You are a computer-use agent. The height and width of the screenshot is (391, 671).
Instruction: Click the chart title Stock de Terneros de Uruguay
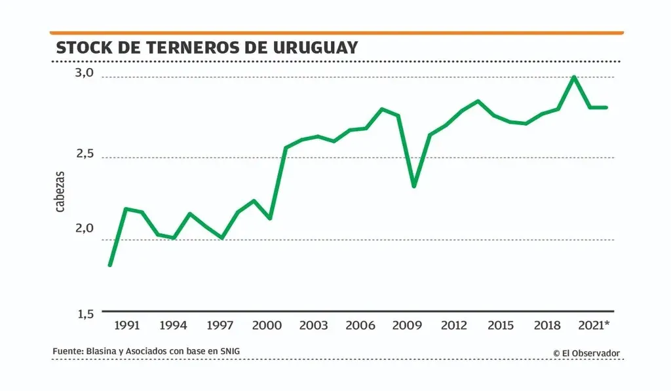[x=207, y=48]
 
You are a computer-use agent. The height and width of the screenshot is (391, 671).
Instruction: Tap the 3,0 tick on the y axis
[x=85, y=73]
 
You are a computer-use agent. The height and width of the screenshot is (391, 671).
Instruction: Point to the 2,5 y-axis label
[x=85, y=155]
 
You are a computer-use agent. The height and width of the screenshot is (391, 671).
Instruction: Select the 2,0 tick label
[x=85, y=229]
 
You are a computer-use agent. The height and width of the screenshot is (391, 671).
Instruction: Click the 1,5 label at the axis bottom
[x=85, y=314]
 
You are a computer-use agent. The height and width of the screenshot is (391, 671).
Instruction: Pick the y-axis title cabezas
[x=60, y=191]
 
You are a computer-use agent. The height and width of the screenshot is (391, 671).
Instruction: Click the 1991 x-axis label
[x=126, y=326]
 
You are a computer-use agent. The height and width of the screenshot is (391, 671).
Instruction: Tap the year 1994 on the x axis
[x=174, y=326]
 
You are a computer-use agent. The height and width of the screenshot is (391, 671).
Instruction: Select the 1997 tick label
[x=220, y=326]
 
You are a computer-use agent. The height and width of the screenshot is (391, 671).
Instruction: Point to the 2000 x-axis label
[x=267, y=326]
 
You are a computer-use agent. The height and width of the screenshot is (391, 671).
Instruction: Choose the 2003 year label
[x=314, y=326]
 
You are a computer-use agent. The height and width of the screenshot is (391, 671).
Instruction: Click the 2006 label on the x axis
[x=360, y=326]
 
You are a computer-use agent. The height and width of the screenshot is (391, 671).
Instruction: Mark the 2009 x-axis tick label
[x=407, y=326]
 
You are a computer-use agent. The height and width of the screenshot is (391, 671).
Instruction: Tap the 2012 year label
[x=453, y=326]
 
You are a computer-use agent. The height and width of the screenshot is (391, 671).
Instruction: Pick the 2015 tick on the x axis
[x=501, y=326]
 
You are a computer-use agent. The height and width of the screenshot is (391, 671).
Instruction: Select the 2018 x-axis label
[x=547, y=326]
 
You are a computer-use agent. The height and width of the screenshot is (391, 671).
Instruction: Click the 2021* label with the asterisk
[x=596, y=326]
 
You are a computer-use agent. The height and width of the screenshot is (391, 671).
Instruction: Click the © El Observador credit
[x=586, y=354]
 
